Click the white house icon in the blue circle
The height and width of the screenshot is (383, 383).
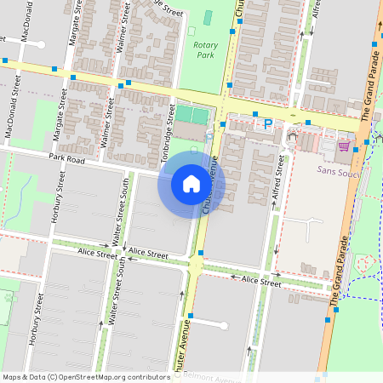(x=191, y=184)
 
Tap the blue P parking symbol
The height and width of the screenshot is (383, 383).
(x=268, y=124)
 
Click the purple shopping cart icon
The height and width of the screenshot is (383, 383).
(x=344, y=146)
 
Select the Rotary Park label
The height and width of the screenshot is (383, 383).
(x=205, y=49)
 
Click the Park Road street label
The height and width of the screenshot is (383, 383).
(x=67, y=158)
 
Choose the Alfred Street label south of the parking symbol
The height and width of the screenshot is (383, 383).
(x=278, y=183)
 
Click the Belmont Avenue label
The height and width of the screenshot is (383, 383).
(x=213, y=374)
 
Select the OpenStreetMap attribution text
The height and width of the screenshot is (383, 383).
(x=86, y=377)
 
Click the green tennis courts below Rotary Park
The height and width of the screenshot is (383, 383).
(x=191, y=114)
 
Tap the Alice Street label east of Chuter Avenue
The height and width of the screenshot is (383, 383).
(x=260, y=280)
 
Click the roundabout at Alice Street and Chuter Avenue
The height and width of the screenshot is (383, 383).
(x=197, y=267)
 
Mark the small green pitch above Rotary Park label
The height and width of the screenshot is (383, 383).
(x=209, y=18)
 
